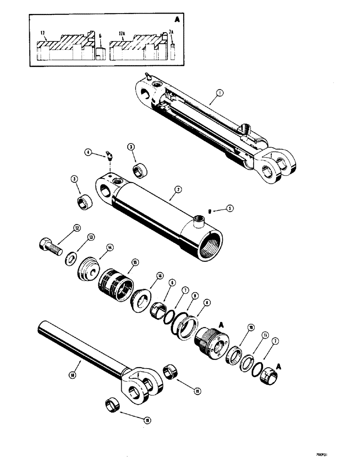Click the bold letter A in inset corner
177,20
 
